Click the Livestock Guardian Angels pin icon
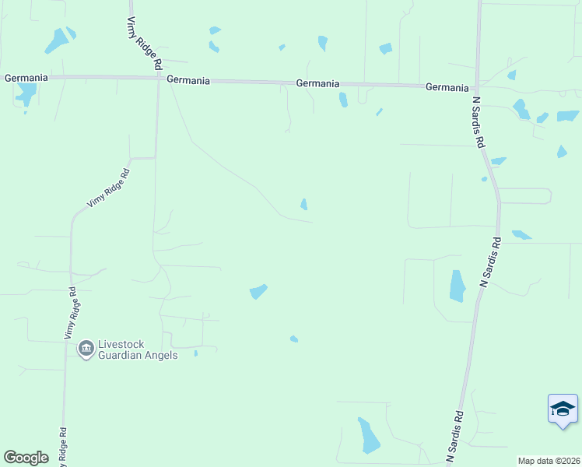click(86, 349)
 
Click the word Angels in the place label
click(160, 356)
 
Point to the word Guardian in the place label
click(122, 356)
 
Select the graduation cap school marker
click(563, 408)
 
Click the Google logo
click(26, 458)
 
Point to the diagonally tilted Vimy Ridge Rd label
click(107, 188)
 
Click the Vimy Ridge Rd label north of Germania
click(145, 41)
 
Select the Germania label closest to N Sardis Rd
click(447, 88)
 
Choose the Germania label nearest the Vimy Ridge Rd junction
click(188, 80)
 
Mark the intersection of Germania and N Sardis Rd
click(478, 86)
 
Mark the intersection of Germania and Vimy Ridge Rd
click(159, 79)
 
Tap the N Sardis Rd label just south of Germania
click(479, 121)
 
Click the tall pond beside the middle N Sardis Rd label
click(457, 286)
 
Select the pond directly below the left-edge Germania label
click(26, 93)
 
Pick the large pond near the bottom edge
click(368, 436)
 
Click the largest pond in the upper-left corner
click(56, 40)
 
